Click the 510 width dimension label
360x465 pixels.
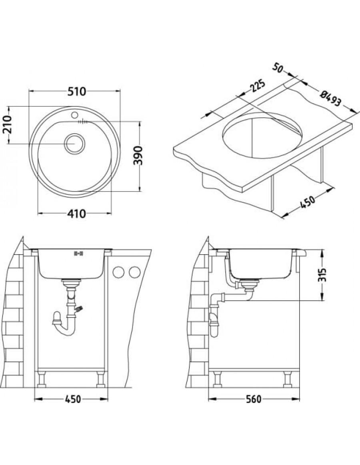(x=76, y=91)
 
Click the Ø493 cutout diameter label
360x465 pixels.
(x=330, y=99)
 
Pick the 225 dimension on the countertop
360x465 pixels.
(x=257, y=86)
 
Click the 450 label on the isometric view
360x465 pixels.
(x=307, y=202)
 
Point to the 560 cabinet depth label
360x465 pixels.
(x=254, y=399)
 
